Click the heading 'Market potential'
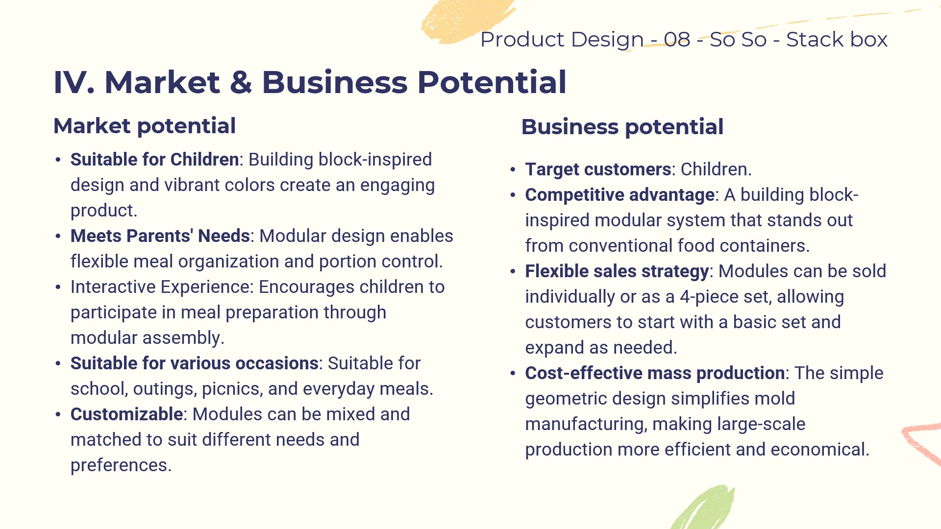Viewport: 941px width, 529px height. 145,126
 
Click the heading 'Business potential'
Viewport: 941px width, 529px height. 622,127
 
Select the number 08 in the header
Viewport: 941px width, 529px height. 677,39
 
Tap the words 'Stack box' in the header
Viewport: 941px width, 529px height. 837,39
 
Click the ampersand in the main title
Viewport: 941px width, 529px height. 241,82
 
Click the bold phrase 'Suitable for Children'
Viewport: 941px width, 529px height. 154,160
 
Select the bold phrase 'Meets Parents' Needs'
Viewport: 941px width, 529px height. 160,236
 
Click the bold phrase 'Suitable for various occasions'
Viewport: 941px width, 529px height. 195,363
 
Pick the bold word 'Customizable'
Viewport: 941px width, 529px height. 126,414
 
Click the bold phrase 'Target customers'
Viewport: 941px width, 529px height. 598,169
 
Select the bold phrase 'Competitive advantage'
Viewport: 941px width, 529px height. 620,195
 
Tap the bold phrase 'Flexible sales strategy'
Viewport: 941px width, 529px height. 617,271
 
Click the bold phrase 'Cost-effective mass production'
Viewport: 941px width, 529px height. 655,373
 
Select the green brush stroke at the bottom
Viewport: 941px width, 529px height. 704,508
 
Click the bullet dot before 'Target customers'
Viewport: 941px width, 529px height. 513,170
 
